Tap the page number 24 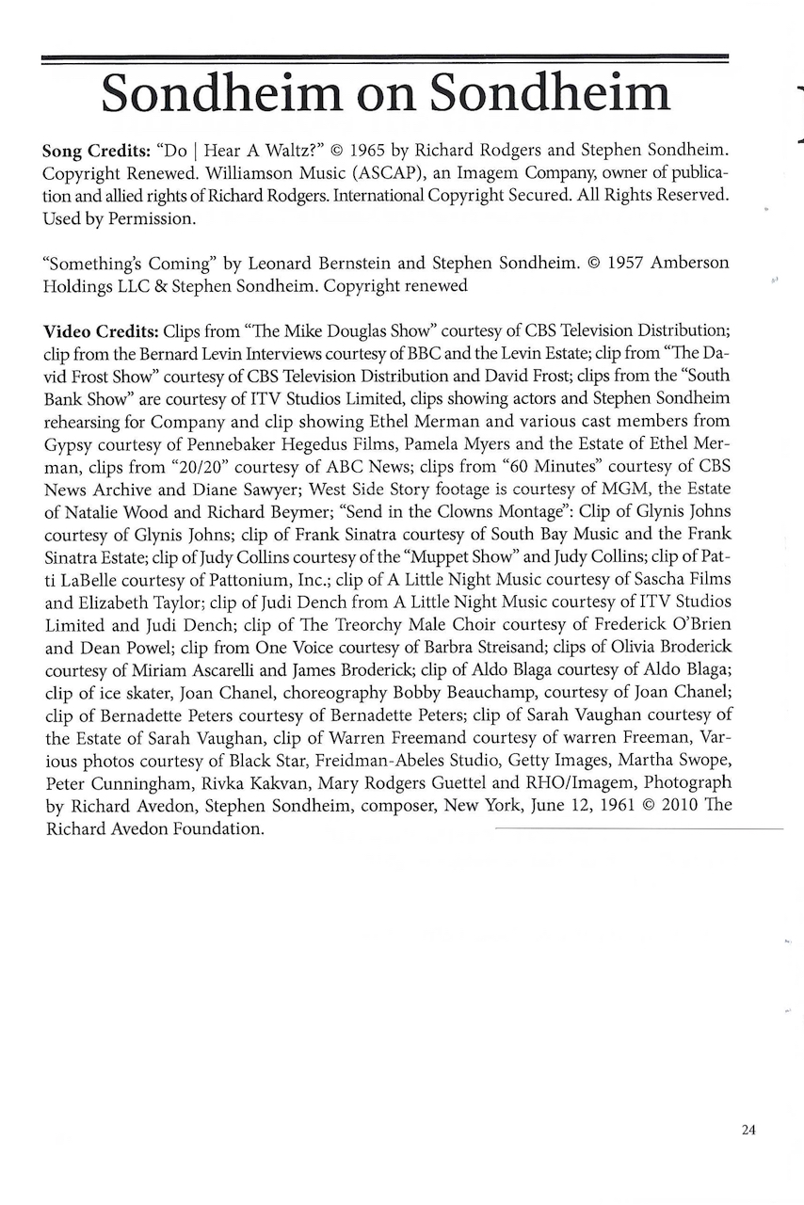tap(748, 1131)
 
